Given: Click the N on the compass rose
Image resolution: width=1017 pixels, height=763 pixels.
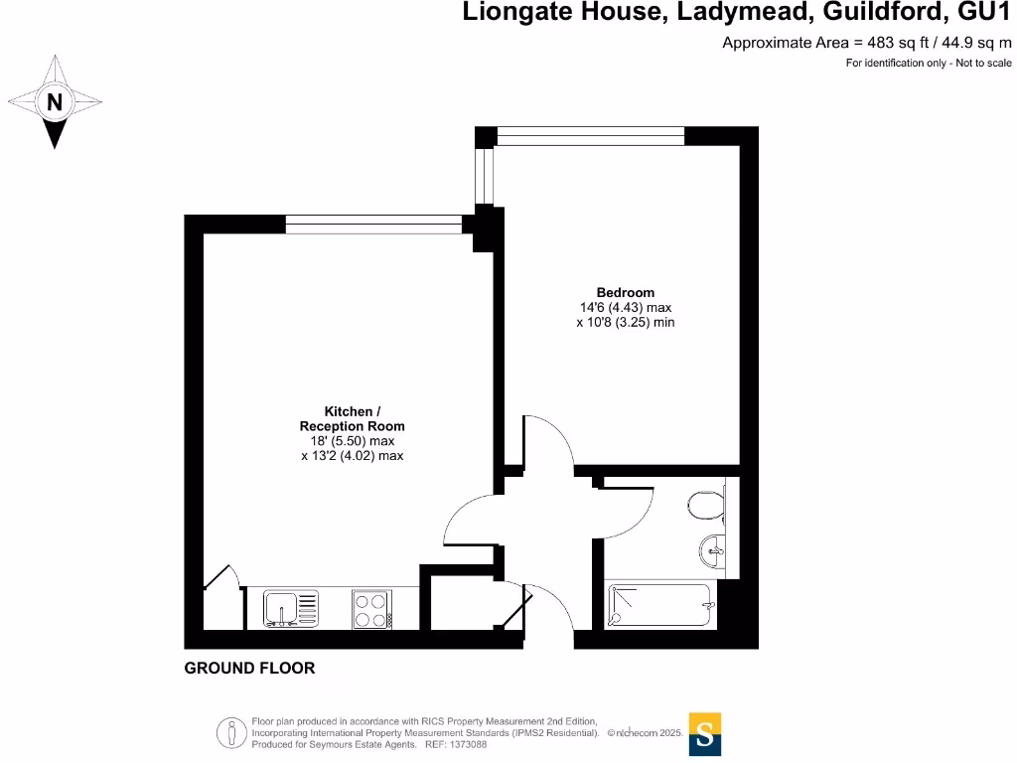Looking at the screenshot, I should [x=55, y=101].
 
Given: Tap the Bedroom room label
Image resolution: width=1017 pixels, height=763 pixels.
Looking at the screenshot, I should [x=625, y=292].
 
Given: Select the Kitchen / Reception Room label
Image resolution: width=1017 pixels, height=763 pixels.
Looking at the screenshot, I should [x=352, y=418].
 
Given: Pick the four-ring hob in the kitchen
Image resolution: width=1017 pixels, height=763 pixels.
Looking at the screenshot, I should [x=371, y=609].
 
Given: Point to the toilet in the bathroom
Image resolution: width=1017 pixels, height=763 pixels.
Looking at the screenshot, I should [x=706, y=505].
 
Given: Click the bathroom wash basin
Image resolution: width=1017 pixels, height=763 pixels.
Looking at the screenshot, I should [x=714, y=548].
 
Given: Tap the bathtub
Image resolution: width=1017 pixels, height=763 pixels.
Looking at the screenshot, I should [x=659, y=605].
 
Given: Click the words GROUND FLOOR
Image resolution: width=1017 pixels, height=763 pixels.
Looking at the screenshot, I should [x=249, y=669].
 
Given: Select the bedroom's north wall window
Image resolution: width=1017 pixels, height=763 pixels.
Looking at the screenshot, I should [x=590, y=136].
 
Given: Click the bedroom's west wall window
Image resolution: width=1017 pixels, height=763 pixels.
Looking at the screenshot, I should [x=485, y=175].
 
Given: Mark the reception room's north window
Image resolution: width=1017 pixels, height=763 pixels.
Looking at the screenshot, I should [x=373, y=225].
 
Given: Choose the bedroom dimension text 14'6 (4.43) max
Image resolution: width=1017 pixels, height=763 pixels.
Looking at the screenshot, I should [x=625, y=307].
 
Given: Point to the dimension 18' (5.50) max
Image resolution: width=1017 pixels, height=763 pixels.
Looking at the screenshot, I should [x=352, y=441].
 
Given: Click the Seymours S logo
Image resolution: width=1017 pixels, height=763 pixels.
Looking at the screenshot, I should [x=704, y=734].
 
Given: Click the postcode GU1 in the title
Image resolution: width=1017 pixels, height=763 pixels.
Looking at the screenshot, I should [x=986, y=13].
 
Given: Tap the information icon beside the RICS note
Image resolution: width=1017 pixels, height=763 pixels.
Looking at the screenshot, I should [x=232, y=733].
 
